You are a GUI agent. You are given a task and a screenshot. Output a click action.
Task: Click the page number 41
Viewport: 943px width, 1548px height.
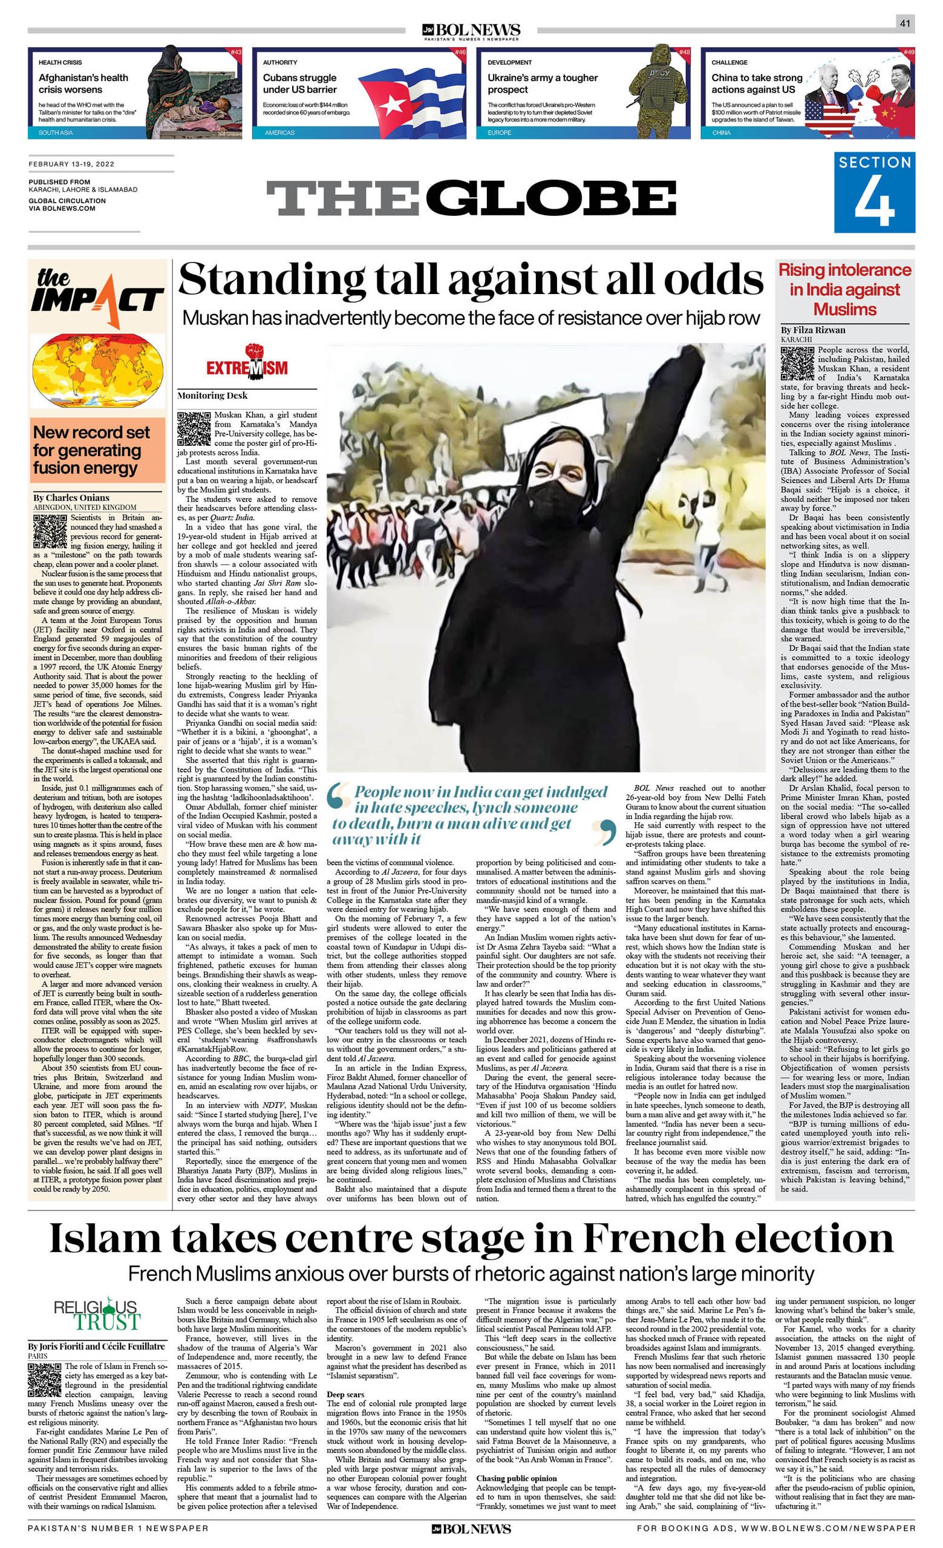click(x=905, y=24)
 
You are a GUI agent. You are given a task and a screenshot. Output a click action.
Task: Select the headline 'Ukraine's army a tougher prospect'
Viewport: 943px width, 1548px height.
click(x=542, y=83)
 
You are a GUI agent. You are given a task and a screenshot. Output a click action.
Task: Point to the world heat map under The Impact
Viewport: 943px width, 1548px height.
click(x=97, y=376)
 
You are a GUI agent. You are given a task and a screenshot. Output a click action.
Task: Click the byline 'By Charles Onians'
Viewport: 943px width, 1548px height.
click(x=71, y=498)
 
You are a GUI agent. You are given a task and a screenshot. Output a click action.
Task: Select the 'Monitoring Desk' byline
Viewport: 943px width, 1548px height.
click(x=212, y=395)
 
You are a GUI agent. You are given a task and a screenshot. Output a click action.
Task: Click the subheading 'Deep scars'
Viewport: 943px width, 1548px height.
click(x=345, y=1412)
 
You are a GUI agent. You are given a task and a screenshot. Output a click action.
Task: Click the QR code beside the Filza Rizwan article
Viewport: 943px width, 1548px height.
click(x=797, y=364)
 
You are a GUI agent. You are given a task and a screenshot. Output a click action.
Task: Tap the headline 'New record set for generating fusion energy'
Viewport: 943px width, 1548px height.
click(x=92, y=450)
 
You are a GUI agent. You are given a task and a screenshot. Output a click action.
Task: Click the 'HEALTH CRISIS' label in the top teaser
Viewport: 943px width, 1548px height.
click(x=60, y=62)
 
